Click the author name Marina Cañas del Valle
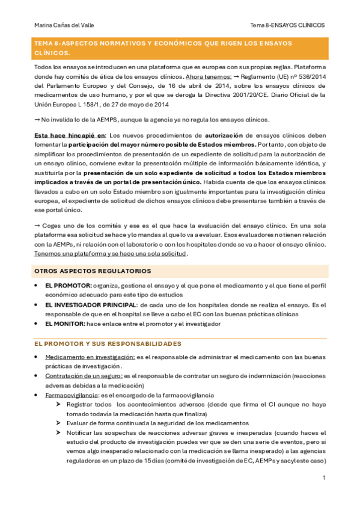coord(64,25)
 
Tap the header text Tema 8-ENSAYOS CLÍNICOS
coord(287,25)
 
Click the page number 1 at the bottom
coord(324,478)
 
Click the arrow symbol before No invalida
coord(37,119)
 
